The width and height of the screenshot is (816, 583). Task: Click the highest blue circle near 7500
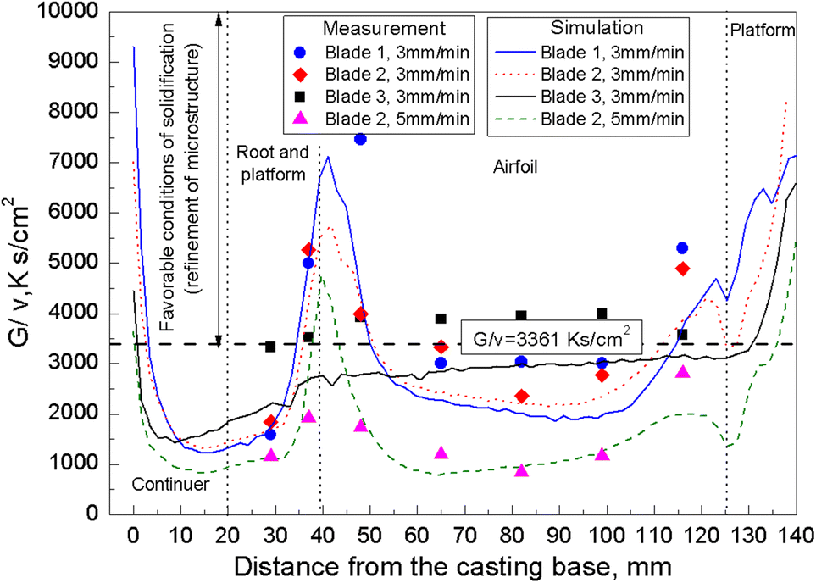pos(360,139)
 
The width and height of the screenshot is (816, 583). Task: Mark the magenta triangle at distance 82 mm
pos(521,470)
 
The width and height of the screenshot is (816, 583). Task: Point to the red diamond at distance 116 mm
pos(682,269)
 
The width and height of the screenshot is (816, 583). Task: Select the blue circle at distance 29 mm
pos(270,434)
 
